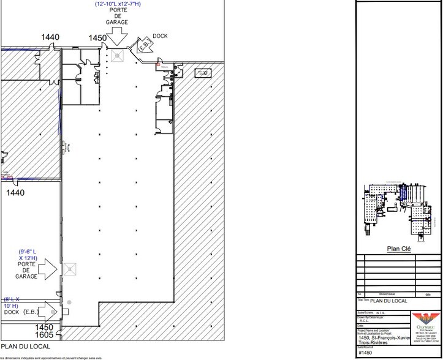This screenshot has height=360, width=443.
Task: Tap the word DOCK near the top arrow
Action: (x=160, y=35)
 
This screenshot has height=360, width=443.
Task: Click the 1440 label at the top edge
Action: (x=50, y=37)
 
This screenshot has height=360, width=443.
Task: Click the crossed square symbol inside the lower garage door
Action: (x=69, y=268)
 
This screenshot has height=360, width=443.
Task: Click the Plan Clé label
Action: (x=398, y=248)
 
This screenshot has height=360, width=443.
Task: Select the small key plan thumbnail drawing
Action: (x=398, y=208)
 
